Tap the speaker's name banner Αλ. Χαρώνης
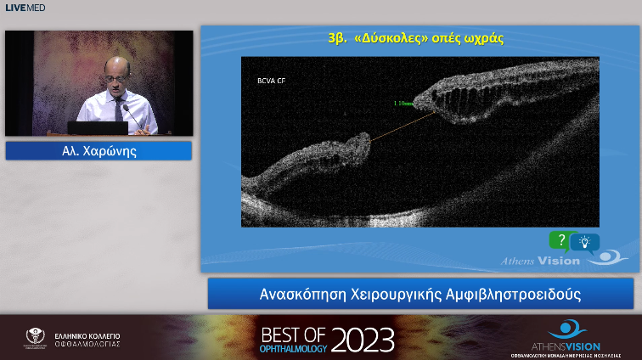click(x=99, y=151)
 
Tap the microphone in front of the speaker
click(x=128, y=112)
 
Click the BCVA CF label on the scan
click(x=271, y=82)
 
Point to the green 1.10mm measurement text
click(x=403, y=104)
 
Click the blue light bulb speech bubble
click(x=585, y=243)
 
